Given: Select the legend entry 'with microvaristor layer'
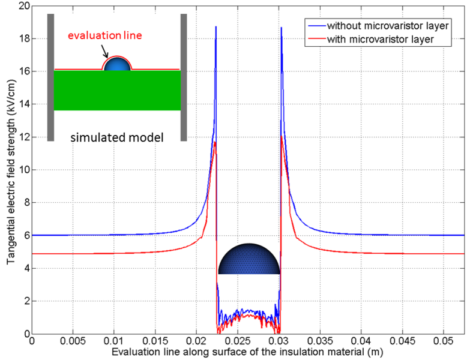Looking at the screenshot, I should click(x=381, y=39).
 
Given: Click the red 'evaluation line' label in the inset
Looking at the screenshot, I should click(x=105, y=35).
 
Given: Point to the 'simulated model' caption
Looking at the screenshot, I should click(x=117, y=138).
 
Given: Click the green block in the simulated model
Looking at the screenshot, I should click(x=117, y=90).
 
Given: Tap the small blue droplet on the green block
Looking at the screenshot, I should click(x=117, y=64).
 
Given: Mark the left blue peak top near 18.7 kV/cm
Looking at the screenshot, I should click(x=216, y=28).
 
